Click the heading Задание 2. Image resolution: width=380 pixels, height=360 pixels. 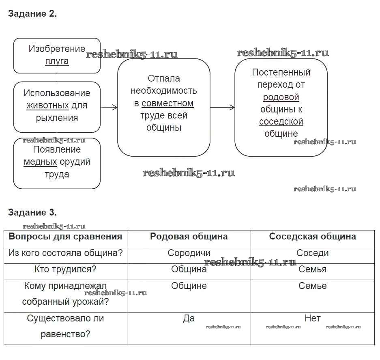(32, 14)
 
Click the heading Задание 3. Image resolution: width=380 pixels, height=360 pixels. (32, 213)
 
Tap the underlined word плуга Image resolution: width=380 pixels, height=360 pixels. (57, 61)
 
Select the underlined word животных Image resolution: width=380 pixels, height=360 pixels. (47, 106)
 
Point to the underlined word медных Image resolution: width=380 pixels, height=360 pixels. (40, 162)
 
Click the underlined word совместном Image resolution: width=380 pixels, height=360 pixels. (167, 103)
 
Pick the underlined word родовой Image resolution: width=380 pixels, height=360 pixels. (281, 97)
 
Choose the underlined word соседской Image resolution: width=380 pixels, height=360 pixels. (281, 121)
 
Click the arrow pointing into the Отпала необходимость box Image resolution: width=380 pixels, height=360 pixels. (109, 107)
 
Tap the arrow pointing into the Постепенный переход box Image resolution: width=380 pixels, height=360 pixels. (223, 108)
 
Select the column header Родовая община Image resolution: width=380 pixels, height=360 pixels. (189, 237)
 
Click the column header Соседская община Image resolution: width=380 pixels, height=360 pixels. (313, 237)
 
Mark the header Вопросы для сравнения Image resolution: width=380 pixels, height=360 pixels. (66, 237)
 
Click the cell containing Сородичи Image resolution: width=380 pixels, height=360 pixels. (189, 253)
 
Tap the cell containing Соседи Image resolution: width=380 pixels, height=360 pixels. (313, 253)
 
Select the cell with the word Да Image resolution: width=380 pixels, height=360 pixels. (189, 319)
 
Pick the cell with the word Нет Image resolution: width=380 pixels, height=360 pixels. (313, 319)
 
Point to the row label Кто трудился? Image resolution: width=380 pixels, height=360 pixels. (66, 269)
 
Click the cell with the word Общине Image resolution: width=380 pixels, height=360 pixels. (189, 286)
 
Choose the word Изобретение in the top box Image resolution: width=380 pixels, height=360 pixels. (57, 49)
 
